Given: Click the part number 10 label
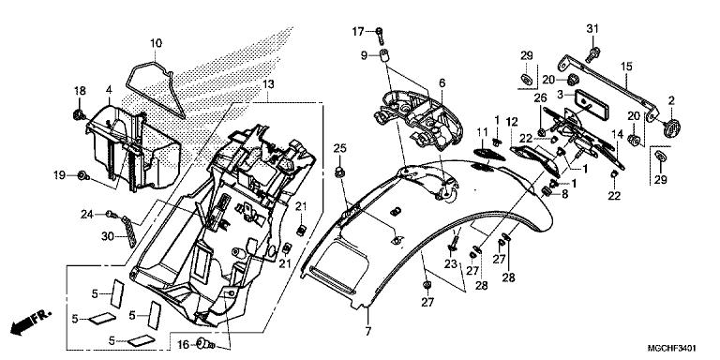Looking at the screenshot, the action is (156, 44).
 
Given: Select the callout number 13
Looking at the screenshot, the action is (269, 84).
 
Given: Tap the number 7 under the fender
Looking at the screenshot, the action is (367, 331).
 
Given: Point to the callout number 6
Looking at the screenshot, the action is (442, 83).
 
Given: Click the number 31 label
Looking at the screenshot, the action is (592, 28).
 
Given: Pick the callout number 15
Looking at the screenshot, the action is (627, 67).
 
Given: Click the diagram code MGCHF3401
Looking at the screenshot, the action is (672, 348).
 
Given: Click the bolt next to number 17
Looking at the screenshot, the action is (380, 34).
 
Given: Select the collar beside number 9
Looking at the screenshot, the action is (385, 56).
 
